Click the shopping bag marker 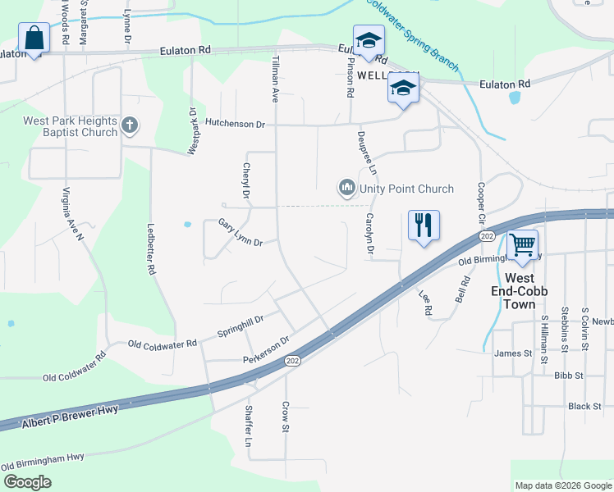pos(34,39)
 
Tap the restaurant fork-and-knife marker pos(424,225)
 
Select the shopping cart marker pos(522,244)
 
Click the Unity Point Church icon pos(346,189)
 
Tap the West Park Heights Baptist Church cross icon pos(128,125)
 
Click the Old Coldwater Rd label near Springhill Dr pos(163,343)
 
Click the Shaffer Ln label pos(248,425)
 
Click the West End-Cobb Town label pos(520,291)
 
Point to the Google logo pos(27,482)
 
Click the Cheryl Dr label pos(245,180)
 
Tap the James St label pos(513,354)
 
